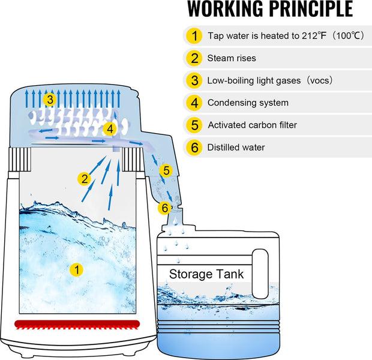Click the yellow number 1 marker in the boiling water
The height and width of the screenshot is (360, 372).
(x=77, y=269)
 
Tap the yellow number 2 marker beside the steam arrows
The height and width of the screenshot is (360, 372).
(x=84, y=178)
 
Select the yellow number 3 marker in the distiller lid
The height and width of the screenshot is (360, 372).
(x=50, y=100)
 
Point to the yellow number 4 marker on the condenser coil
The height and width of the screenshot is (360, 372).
(x=110, y=129)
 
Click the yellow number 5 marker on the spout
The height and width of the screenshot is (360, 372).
(x=166, y=170)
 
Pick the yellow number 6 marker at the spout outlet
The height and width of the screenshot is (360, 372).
(x=164, y=208)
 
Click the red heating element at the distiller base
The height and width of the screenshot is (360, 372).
(x=77, y=325)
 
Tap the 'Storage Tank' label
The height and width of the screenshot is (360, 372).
(x=206, y=274)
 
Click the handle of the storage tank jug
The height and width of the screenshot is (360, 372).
(x=260, y=274)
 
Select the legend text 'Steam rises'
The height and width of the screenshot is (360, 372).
(x=232, y=58)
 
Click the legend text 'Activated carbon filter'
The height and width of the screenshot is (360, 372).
(x=253, y=125)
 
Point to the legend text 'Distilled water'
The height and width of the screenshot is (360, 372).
(x=236, y=148)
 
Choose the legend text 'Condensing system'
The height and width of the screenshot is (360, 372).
(x=248, y=103)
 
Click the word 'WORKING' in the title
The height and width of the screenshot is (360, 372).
(x=226, y=9)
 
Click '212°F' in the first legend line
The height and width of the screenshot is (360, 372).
(x=314, y=36)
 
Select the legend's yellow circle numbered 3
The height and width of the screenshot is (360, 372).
(x=194, y=80)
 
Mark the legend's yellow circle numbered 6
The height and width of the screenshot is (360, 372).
(x=194, y=148)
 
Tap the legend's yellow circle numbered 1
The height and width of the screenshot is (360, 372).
(x=194, y=36)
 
